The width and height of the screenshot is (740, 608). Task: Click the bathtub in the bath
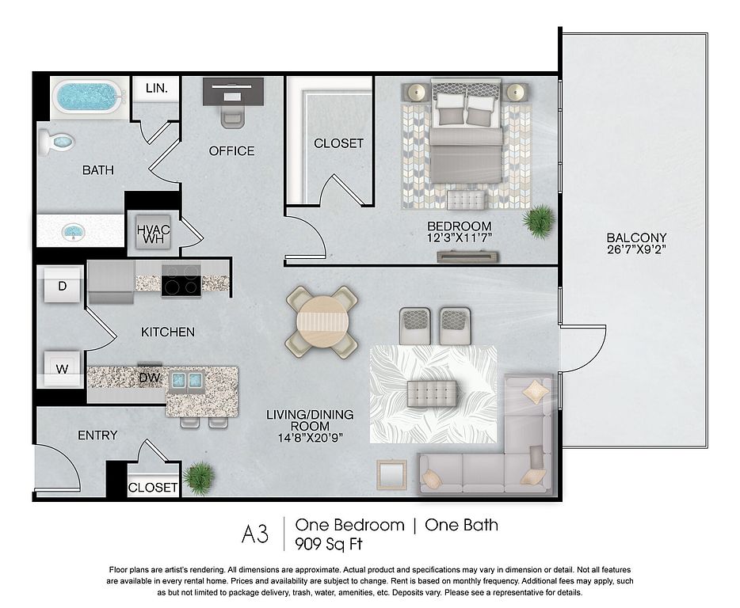tap(88, 97)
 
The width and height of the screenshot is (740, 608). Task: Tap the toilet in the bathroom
tap(56, 142)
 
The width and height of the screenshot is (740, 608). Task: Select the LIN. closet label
tap(157, 88)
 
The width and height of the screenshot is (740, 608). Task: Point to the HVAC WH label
tap(154, 234)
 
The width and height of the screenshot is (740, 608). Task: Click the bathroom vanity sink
tap(73, 231)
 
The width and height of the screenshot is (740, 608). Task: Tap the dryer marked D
tap(63, 285)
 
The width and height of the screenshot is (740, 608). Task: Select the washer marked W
tap(63, 369)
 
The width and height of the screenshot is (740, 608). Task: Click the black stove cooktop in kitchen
tap(181, 281)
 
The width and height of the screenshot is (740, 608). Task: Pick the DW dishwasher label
tap(150, 378)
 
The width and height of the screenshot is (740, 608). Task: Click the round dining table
tap(322, 322)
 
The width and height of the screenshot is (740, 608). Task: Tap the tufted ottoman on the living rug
tap(432, 393)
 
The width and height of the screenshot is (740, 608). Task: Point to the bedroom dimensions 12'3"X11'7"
tap(460, 237)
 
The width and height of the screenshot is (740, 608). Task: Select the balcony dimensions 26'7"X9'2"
tap(636, 249)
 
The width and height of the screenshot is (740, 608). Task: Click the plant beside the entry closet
tap(199, 478)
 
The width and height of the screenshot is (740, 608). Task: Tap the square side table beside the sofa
tap(391, 475)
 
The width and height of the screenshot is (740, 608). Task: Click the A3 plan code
tap(255, 534)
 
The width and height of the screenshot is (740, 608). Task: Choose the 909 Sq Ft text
tap(329, 544)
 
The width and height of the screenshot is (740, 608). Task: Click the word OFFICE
tap(231, 151)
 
